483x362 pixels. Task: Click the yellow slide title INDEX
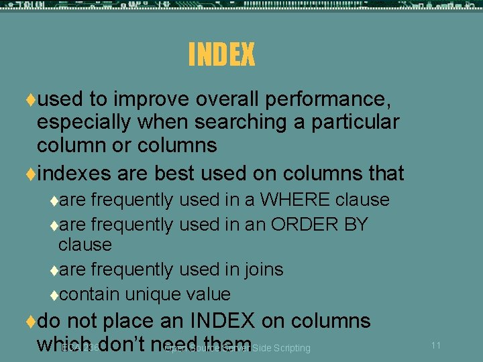221,55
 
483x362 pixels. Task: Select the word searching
231,123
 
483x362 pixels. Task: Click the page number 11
435,345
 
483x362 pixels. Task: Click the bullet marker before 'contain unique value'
54,295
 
